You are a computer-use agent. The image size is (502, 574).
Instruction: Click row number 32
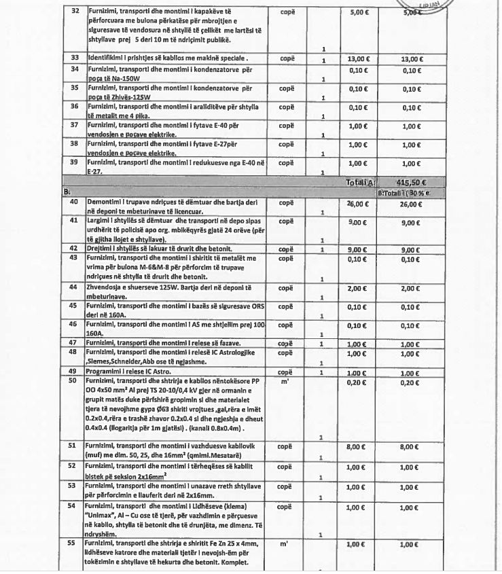pyautogui.click(x=75, y=12)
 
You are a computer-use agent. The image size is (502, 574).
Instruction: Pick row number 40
pyautogui.click(x=75, y=202)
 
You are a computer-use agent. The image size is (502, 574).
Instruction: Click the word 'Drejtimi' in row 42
pyautogui.click(x=103, y=249)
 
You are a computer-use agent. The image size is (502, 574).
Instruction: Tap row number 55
pyautogui.click(x=75, y=544)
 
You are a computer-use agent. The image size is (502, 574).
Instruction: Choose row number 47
pyautogui.click(x=75, y=345)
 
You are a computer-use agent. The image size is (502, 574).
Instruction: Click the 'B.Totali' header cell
pyautogui.click(x=412, y=192)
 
